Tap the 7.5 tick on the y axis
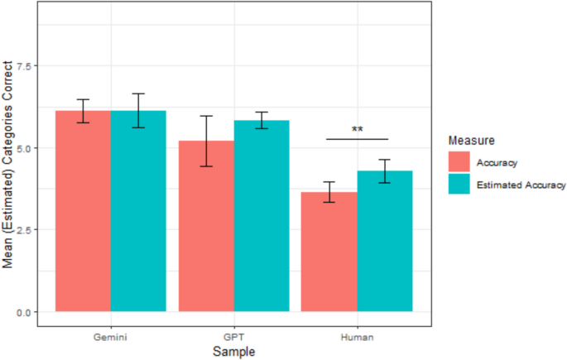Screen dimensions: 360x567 point(22,66)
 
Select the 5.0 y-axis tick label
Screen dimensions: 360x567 point(22,148)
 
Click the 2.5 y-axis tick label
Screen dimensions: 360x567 point(22,230)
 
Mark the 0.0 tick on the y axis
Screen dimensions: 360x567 point(22,312)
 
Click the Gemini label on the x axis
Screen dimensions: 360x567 point(110,338)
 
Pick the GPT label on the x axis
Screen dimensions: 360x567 point(233,338)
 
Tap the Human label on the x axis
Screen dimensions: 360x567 point(356,338)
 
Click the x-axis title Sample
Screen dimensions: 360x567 point(233,352)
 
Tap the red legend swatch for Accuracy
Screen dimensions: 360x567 point(457,162)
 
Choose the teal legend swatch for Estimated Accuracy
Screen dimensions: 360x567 point(457,185)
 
